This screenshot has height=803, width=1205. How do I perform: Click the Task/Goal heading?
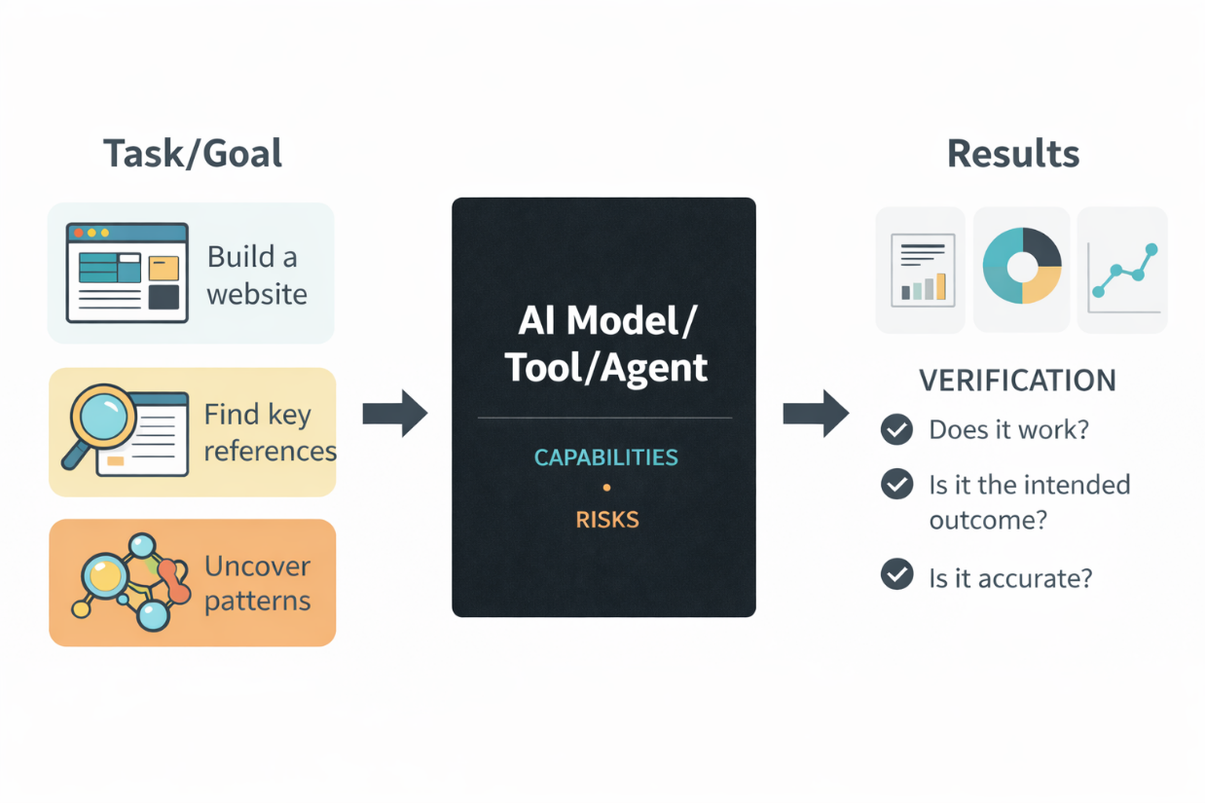point(192,154)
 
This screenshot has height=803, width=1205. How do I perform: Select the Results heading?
point(1012,154)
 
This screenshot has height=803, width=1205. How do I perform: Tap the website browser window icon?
point(127,273)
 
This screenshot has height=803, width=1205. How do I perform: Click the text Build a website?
point(256,275)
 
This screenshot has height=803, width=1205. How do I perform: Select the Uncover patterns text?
point(257,583)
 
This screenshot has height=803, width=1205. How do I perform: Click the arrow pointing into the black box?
point(394,414)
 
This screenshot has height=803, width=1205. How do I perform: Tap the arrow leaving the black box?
point(816,414)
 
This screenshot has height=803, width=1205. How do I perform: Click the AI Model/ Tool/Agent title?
point(605,345)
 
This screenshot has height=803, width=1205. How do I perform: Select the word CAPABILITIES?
point(605,457)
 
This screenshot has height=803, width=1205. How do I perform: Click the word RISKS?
point(606,520)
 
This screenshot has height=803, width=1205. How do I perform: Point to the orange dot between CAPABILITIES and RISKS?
point(606,488)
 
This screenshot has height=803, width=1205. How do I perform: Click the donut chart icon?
point(1021,267)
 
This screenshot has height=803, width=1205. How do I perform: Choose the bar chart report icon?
point(923,270)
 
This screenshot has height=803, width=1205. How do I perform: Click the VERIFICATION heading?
point(1017,381)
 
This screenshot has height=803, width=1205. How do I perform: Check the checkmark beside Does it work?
point(896,429)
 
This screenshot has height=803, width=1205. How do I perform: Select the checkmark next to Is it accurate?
point(896,575)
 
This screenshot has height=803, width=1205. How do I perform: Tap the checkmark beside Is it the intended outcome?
point(896,484)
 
